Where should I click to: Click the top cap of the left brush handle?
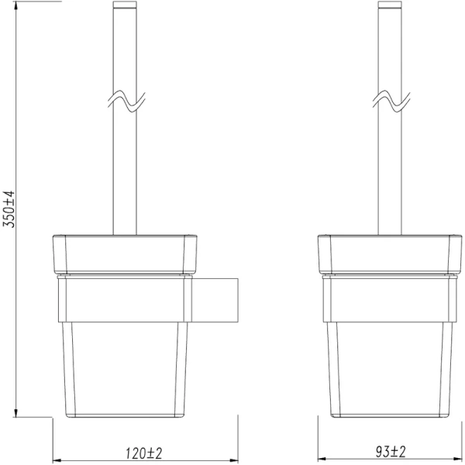126,8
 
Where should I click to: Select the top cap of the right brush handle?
390,8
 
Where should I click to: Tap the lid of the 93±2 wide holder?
390,253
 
